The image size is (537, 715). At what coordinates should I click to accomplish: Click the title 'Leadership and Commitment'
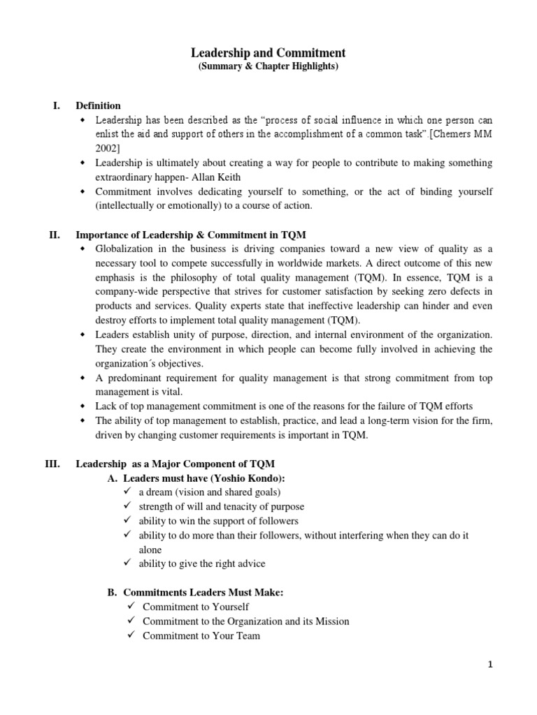pos(268,53)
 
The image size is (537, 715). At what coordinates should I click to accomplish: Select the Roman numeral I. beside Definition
pos(57,105)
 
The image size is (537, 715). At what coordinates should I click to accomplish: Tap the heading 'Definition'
pos(98,105)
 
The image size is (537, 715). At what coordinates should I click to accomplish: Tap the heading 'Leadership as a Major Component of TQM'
pos(175,464)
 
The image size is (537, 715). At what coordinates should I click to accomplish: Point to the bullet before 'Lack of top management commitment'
pos(83,406)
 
